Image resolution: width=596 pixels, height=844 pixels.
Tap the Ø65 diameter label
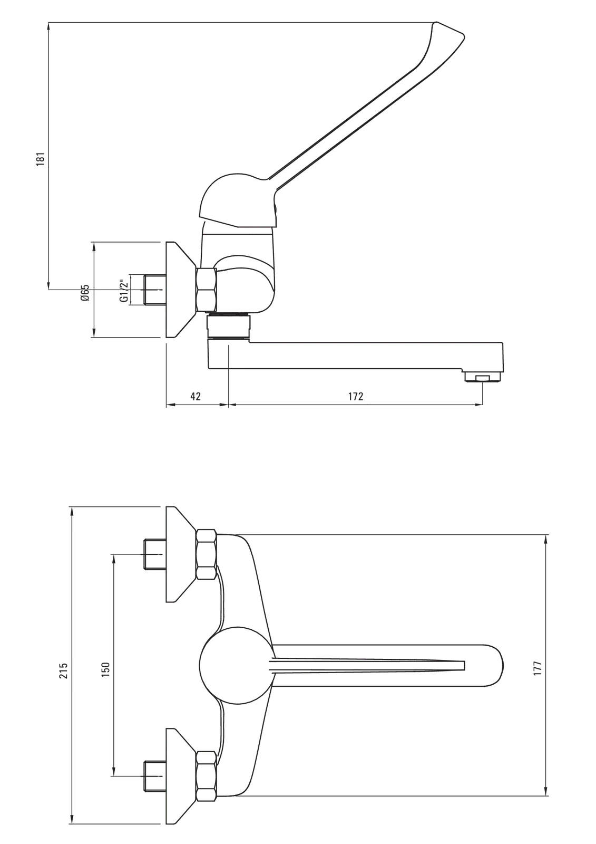[85, 293]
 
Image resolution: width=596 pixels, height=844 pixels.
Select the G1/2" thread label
[124, 290]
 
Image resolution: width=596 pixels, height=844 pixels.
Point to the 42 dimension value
[196, 396]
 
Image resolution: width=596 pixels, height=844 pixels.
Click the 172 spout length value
[356, 396]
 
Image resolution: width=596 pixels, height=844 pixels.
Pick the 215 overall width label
[63, 670]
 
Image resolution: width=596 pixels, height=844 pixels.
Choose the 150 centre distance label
[105, 670]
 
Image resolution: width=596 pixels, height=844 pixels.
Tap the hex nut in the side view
[206, 290]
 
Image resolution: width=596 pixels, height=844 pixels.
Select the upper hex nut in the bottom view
[206, 554]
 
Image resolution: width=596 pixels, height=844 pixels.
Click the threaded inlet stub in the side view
[155, 290]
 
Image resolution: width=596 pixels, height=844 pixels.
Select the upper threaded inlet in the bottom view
[155, 554]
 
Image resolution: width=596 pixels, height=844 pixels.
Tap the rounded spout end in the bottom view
[493, 665]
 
